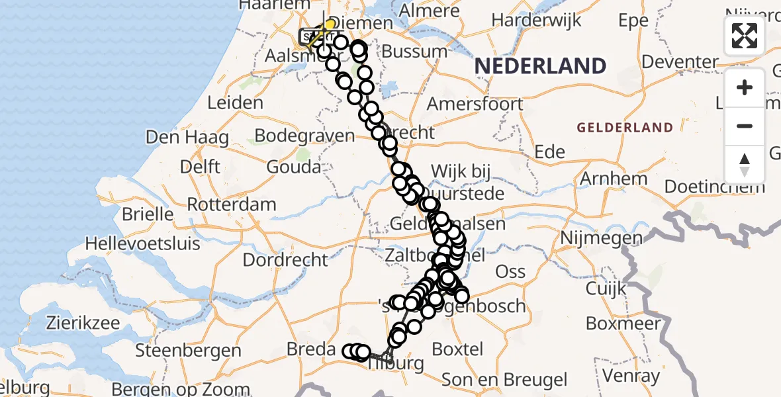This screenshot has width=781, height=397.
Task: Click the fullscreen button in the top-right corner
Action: coord(745,35)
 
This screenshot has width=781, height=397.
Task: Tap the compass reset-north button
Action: coord(745,165)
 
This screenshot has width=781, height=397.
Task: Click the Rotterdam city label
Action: coord(232,204)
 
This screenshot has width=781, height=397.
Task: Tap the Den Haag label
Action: coord(187,138)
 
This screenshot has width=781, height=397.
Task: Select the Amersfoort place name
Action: coord(475,104)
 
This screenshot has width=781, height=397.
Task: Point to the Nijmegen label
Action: coord(602,238)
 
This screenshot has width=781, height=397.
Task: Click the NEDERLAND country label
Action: coord(540,66)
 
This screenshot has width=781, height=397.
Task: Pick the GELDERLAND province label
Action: coord(625,128)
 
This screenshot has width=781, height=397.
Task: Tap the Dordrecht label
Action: coord(285,259)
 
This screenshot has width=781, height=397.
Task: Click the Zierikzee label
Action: coord(83,324)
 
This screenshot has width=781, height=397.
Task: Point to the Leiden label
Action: coord(235,103)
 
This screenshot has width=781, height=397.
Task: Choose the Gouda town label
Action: coord(294,167)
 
